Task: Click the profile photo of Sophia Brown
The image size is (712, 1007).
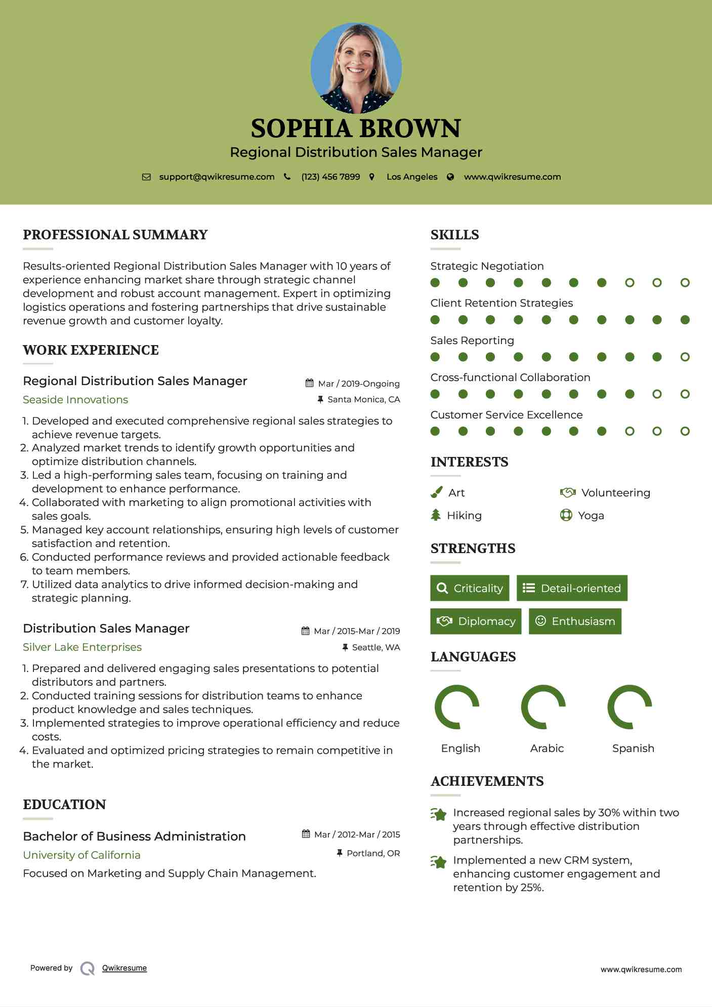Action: coord(356,68)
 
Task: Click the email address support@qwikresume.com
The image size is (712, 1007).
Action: coord(217,177)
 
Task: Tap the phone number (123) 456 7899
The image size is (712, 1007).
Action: coord(330,177)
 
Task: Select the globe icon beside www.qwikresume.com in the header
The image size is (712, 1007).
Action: coord(450,177)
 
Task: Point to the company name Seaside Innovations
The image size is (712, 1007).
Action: coord(75,400)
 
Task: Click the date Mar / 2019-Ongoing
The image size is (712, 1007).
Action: coord(358,384)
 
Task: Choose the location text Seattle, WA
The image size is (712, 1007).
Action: coord(375,647)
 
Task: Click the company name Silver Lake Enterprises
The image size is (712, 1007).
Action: coord(82,647)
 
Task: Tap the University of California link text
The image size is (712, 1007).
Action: coord(81,855)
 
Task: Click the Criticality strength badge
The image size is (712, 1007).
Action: coord(470,588)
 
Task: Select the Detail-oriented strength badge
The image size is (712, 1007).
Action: coord(572,588)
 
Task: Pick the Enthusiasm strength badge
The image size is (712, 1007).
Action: coord(575,621)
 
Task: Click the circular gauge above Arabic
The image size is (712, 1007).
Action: coord(543,707)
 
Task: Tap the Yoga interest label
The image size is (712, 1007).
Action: coord(591,516)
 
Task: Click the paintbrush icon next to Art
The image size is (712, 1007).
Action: coord(436,492)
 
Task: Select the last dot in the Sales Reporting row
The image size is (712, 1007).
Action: coord(685,357)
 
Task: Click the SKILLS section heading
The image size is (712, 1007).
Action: coord(454,235)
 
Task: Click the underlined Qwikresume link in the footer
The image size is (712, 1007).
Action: coord(124,968)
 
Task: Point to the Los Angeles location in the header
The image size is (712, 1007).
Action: coord(411,177)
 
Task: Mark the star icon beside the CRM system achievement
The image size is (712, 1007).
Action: coord(439,861)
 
